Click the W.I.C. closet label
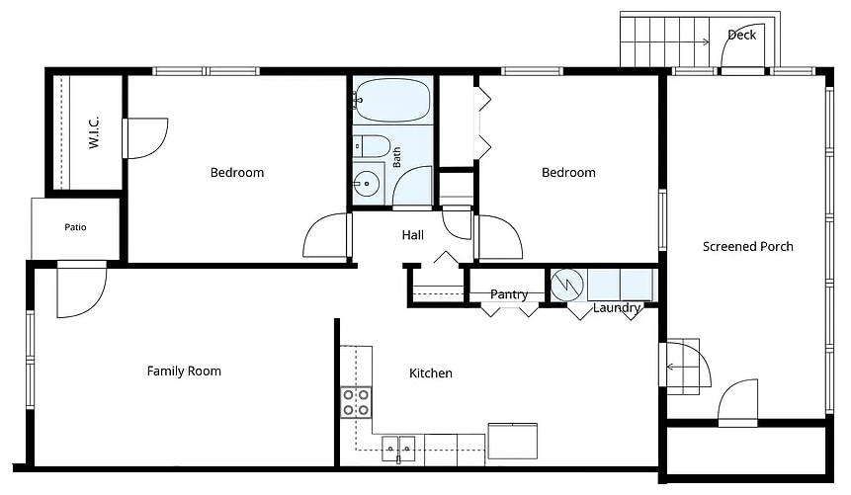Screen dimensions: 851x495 point(93,131)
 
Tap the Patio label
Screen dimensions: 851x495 point(75,227)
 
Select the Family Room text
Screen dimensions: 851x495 point(184,371)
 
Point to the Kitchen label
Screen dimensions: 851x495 point(430,373)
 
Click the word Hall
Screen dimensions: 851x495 point(413,235)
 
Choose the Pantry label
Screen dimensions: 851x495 point(509,294)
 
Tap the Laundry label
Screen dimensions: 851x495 point(617,308)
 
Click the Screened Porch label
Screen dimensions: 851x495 point(748,246)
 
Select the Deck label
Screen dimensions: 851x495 point(742,35)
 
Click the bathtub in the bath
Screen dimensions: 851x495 point(392,101)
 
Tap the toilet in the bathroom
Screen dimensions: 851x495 point(372,146)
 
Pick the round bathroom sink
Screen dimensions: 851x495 point(367,184)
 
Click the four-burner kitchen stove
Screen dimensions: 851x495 point(356,402)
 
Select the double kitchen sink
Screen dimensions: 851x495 point(398,449)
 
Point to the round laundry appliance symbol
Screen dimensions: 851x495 point(567,285)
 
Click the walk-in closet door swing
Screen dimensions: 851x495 point(145,138)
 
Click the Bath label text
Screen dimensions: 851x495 point(396,157)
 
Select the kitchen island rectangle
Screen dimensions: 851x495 point(512,442)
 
